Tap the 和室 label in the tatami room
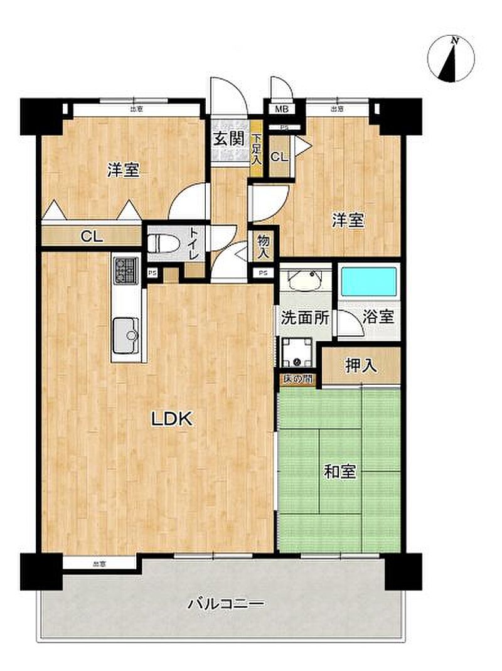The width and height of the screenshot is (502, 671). [x=340, y=472]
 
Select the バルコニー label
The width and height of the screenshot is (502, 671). [x=227, y=604]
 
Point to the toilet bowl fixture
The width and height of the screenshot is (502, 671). [x=166, y=242]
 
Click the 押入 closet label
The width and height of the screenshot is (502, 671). [x=361, y=365]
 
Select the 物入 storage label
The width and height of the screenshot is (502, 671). [x=264, y=246]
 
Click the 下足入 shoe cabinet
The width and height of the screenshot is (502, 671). [x=255, y=149]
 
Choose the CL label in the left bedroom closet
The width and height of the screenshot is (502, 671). [x=92, y=237]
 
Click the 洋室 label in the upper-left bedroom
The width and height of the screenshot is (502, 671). [x=123, y=169]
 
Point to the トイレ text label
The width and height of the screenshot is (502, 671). [x=193, y=244]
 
